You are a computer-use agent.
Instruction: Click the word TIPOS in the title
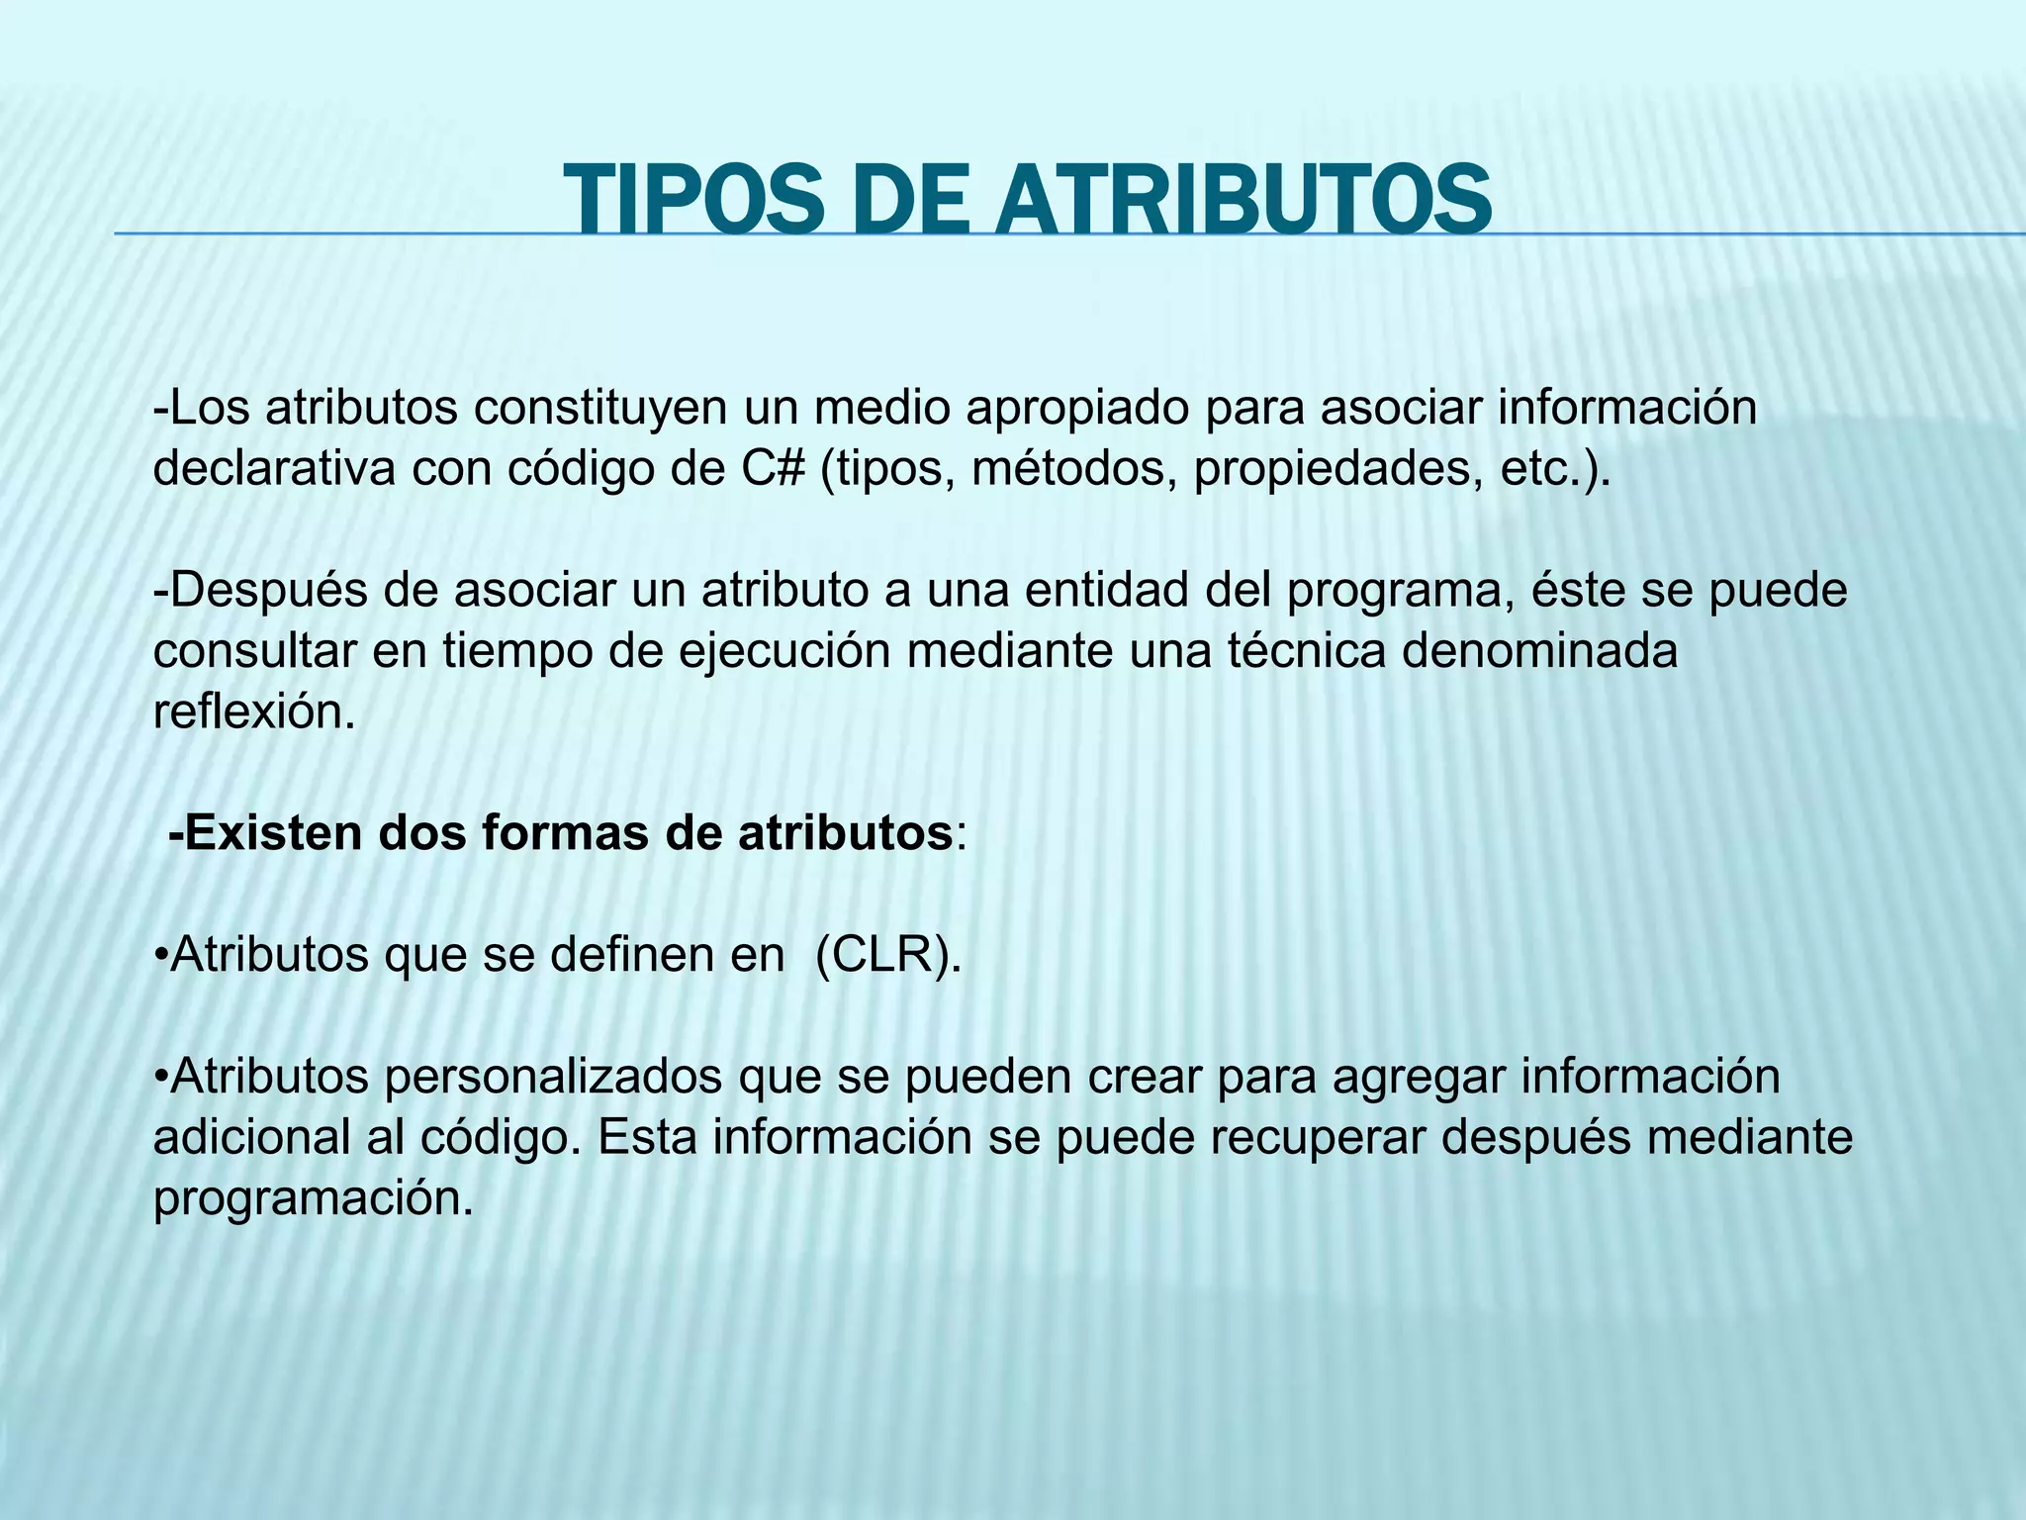click(x=692, y=201)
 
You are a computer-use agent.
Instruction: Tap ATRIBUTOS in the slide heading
click(x=1243, y=201)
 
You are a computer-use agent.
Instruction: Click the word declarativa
click(x=273, y=469)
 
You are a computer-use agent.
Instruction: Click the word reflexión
click(x=253, y=712)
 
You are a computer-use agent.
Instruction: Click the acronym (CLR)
click(x=887, y=955)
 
